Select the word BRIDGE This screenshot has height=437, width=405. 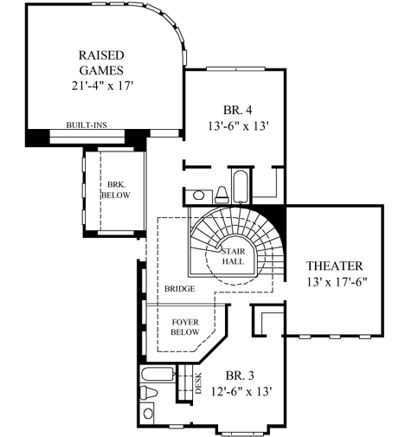[178, 288]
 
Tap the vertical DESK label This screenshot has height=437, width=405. [198, 382]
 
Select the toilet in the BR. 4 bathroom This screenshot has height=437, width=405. [221, 192]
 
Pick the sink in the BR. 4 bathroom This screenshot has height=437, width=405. [197, 194]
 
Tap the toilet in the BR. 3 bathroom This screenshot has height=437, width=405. [148, 395]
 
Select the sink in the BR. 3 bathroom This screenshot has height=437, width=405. [148, 415]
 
